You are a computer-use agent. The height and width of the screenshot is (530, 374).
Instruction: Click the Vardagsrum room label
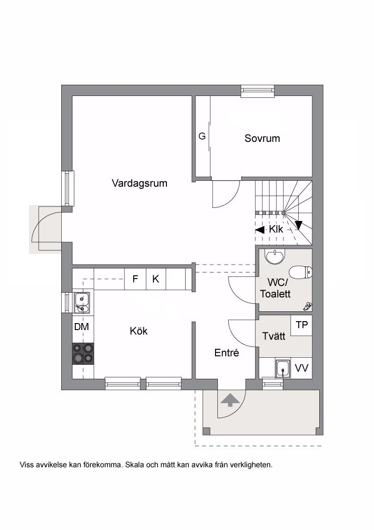(x=139, y=184)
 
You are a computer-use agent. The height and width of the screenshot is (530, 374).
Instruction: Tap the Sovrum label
(x=262, y=138)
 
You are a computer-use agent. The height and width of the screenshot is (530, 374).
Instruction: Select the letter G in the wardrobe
(x=202, y=136)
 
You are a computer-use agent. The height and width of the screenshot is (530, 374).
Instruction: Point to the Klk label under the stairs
(x=276, y=229)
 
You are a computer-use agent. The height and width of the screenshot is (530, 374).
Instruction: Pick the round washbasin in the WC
(x=275, y=257)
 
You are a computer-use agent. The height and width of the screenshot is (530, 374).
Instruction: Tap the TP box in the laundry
(x=302, y=325)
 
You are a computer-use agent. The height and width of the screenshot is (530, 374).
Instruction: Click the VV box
(x=302, y=368)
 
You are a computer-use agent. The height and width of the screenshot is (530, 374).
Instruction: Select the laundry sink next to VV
(x=282, y=368)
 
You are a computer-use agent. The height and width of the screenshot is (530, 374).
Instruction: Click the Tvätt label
(x=274, y=336)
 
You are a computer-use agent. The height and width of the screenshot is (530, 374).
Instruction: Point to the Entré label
(x=226, y=353)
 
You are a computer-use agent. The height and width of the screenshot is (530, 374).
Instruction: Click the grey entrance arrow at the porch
(x=230, y=400)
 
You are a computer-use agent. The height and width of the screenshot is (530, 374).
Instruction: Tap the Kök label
(x=139, y=331)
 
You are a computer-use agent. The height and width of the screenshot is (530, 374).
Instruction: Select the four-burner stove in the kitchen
(x=83, y=353)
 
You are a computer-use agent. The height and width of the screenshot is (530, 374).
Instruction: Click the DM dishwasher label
(x=81, y=326)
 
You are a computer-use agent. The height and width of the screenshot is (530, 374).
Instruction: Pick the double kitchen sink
(x=82, y=302)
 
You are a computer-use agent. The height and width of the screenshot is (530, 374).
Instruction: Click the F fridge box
(x=135, y=279)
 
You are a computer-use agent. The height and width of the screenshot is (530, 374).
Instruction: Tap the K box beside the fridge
(x=156, y=279)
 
